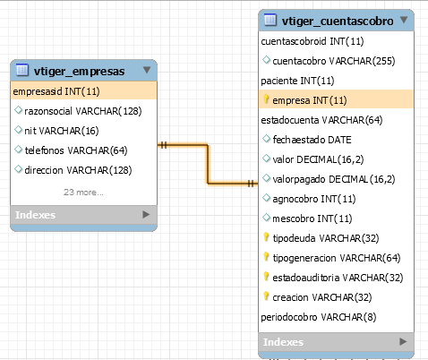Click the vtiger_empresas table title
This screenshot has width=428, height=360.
pyautogui.click(x=79, y=72)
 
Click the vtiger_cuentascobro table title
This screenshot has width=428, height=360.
pyautogui.click(x=338, y=21)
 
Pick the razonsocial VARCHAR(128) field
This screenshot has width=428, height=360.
pyautogui.click(x=83, y=111)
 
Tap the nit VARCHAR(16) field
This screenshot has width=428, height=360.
pyautogui.click(x=62, y=131)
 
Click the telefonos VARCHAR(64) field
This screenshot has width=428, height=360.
pyautogui.click(x=76, y=150)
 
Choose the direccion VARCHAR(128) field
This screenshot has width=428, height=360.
pyautogui.click(x=78, y=170)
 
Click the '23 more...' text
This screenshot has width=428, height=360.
pyautogui.click(x=83, y=193)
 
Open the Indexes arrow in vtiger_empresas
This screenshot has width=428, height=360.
pyautogui.click(x=146, y=215)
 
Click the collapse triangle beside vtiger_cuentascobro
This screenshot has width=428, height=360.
pyautogui.click(x=404, y=20)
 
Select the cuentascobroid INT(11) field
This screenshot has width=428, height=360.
pyautogui.click(x=312, y=41)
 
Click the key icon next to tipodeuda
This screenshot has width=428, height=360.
pyautogui.click(x=266, y=237)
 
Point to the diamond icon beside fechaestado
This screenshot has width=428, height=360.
pyautogui.click(x=266, y=139)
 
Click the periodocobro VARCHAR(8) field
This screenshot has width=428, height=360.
pyautogui.click(x=319, y=317)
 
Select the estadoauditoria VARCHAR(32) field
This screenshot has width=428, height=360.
pyautogui.click(x=338, y=278)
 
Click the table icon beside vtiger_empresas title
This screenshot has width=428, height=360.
pyautogui.click(x=22, y=70)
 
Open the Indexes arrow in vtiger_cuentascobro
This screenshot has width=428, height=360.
pyautogui.click(x=403, y=341)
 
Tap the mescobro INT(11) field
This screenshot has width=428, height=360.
pyautogui.click(x=312, y=219)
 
